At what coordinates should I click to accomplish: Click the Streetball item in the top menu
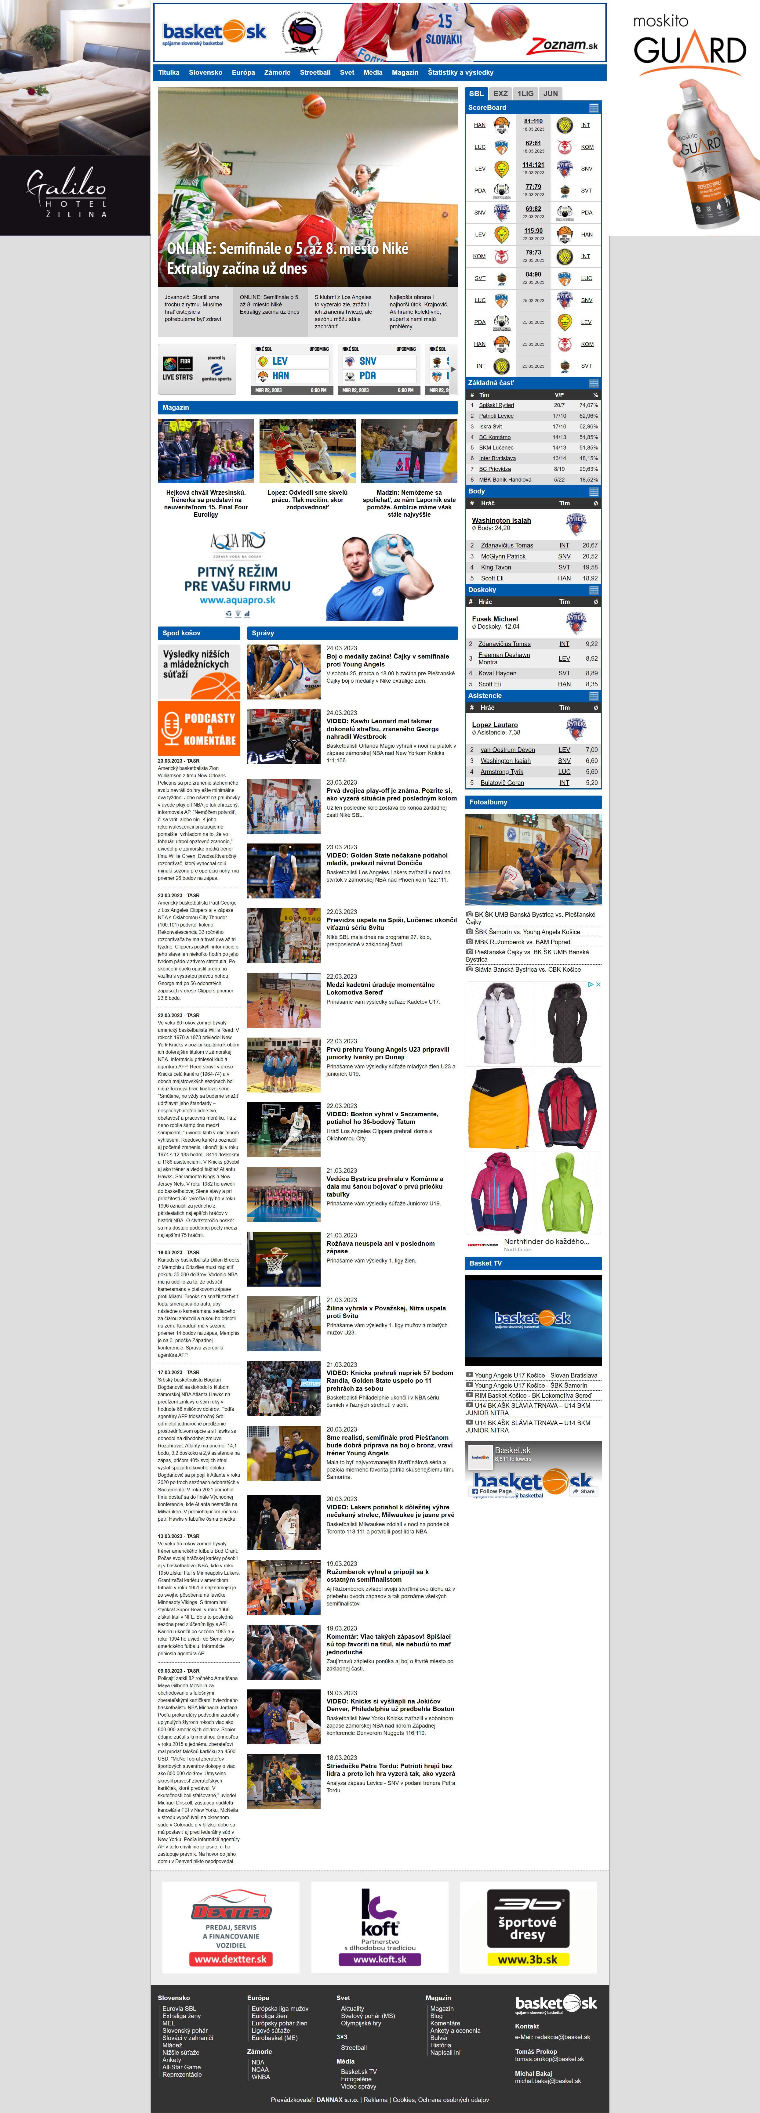315,72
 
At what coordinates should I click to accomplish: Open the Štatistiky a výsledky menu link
460,72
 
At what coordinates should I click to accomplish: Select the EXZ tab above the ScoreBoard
501,93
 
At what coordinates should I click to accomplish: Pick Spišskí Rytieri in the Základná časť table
496,405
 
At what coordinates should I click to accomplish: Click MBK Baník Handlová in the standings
505,480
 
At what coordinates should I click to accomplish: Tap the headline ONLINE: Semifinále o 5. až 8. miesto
287,258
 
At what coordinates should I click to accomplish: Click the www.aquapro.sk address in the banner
237,601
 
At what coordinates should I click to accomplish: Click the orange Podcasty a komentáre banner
199,728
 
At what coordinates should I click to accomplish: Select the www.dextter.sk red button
231,1959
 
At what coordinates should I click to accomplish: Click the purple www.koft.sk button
379,1959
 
